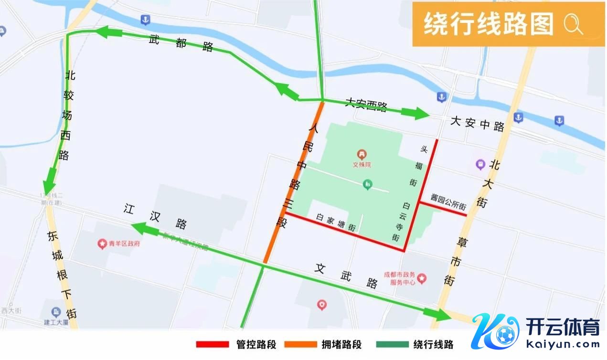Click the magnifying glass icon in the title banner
pos(573,23)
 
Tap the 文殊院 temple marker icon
pos(362,155)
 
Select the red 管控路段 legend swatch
pos(213,344)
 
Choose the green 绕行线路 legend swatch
pos(392,344)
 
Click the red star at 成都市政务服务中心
pos(422,278)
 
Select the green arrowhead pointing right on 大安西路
pos(415,114)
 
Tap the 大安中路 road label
pos(478,126)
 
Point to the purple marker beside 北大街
pos(480,165)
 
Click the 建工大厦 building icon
pos(56,312)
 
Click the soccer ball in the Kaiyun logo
pos(505,335)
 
